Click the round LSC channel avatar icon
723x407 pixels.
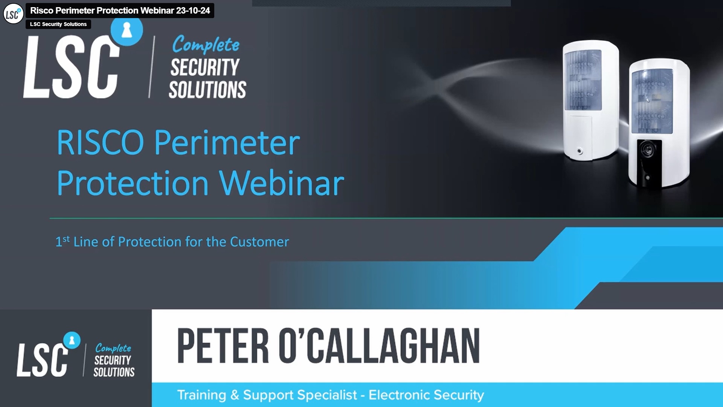13,14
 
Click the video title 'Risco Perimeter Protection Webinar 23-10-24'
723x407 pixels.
120,11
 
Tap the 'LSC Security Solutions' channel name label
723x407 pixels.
58,24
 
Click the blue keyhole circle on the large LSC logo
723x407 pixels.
127,30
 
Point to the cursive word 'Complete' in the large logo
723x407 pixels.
206,45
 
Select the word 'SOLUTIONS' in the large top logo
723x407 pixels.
207,90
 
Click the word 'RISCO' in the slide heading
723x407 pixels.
100,143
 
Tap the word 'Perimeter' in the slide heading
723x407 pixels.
227,143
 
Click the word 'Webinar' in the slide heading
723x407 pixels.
282,184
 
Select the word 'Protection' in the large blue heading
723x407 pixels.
133,184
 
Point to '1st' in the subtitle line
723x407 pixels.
63,241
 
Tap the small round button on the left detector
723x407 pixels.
580,151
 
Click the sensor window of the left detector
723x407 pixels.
583,80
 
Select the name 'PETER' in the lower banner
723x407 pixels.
223,346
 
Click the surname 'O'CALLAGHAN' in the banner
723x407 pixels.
379,346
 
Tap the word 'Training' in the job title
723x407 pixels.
201,395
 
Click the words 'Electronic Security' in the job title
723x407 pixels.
426,395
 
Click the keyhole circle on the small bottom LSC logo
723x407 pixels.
72,340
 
